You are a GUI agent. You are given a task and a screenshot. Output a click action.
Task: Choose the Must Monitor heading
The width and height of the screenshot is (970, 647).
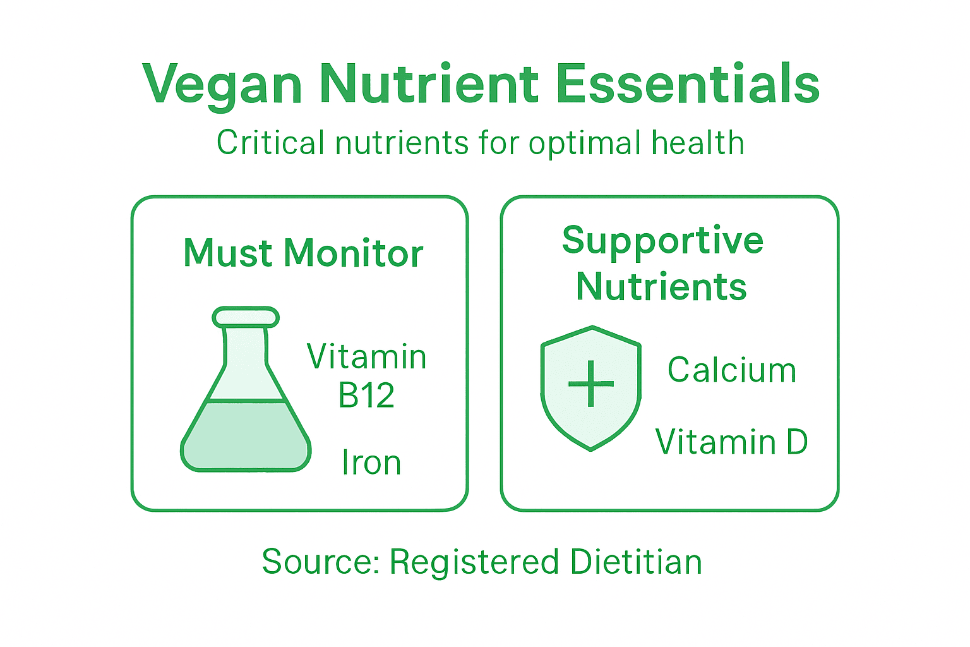coord(303,253)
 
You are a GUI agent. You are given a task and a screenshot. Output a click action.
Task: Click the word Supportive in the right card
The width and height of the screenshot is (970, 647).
coord(662,241)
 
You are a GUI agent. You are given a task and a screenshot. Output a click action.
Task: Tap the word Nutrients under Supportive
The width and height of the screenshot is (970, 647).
coord(661,287)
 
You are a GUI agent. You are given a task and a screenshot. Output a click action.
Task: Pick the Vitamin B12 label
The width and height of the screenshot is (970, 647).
coord(366,376)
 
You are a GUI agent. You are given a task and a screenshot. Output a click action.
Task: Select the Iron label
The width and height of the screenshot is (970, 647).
coord(371,463)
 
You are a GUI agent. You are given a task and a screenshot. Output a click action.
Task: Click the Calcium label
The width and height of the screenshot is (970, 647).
coord(732,370)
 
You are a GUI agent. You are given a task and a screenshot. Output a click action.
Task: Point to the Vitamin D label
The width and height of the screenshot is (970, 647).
coord(731,442)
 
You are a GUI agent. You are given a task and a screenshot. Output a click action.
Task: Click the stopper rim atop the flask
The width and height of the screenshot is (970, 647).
coord(246,317)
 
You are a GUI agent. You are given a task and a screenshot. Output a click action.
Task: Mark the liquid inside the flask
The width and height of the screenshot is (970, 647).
coord(246,436)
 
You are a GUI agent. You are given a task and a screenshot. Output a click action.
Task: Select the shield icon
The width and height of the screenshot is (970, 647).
coord(591,388)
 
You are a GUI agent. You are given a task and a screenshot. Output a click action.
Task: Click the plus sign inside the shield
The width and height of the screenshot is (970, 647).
coord(591,384)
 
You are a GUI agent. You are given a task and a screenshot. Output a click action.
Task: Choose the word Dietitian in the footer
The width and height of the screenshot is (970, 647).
coord(636,562)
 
